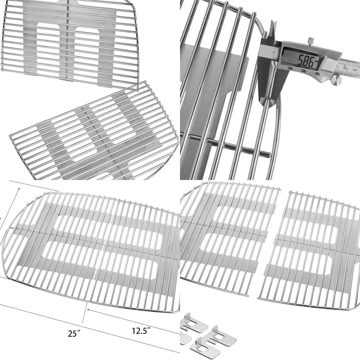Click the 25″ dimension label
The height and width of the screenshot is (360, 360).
pos(73,334)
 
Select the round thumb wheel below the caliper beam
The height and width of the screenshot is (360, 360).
pos(336,80)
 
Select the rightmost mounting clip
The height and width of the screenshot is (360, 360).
pos(223,336)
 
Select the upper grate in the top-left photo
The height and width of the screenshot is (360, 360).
pos(68,40)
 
